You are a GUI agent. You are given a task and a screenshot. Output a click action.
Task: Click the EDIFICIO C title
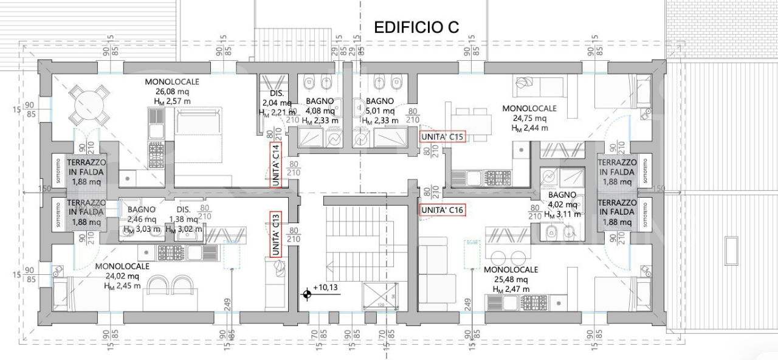pos(416,27)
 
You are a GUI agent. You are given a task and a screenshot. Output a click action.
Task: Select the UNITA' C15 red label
pos(442,137)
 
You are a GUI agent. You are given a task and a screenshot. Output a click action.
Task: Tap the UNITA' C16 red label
pos(442,210)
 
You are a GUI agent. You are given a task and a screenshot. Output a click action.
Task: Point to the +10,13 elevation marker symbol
pos(308,295)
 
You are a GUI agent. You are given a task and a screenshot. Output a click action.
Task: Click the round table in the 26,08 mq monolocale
pos(89,105)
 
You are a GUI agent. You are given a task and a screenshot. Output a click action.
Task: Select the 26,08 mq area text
pos(171,91)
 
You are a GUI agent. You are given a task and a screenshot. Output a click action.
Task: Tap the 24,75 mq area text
pos(528,119)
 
